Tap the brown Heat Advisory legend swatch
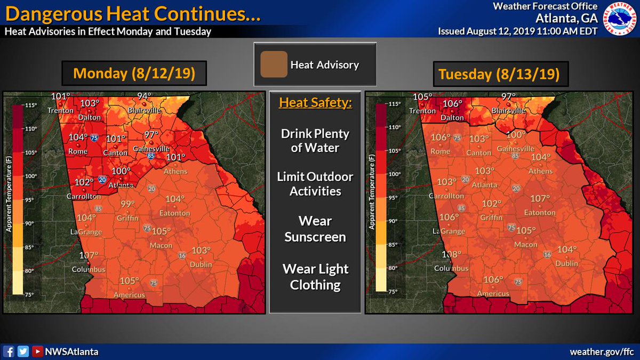tap(274, 65)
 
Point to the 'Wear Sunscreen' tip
tap(315, 229)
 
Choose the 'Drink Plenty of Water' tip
tap(315, 140)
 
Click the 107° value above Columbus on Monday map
tap(89, 255)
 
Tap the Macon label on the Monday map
tap(161, 245)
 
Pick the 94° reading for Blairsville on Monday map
tap(143, 96)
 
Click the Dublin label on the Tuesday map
tap(566, 264)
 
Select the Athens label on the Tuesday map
tap(540, 171)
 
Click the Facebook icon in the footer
tap(9, 351)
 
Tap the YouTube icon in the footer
tap(37, 351)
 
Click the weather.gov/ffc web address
tap(602, 351)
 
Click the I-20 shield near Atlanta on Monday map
tap(102, 180)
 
